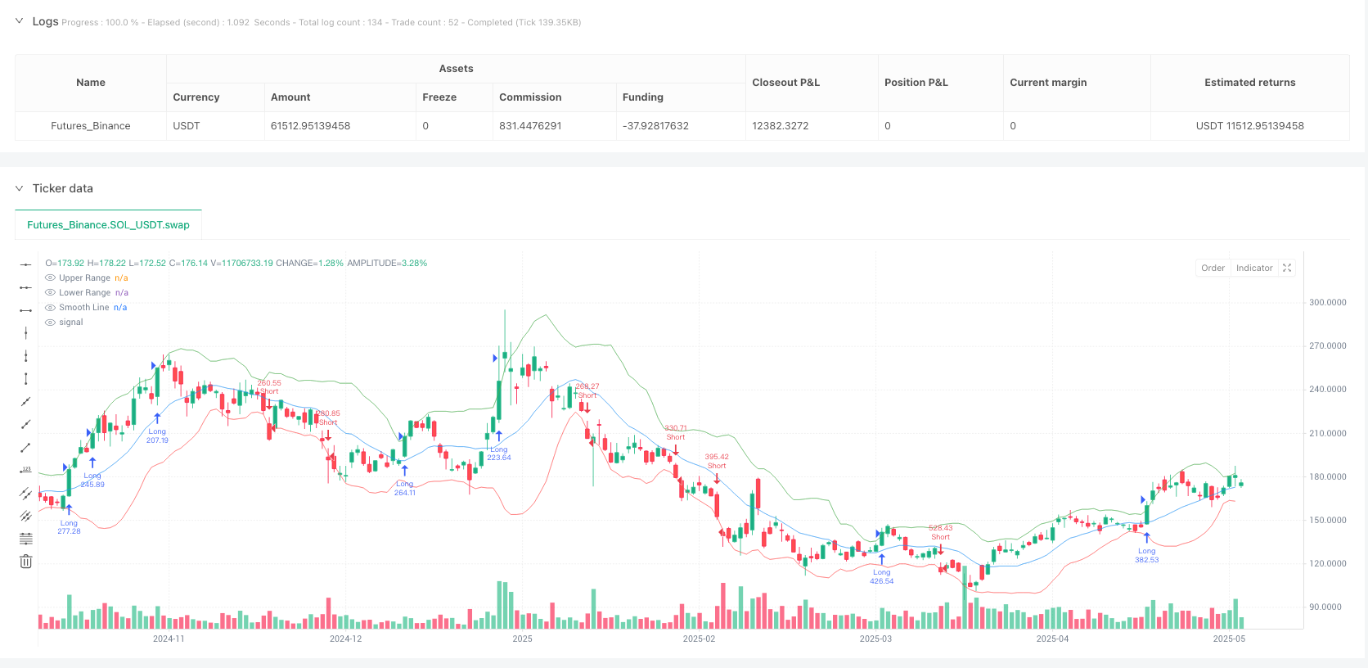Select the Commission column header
click(530, 97)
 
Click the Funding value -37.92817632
click(655, 126)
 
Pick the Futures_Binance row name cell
click(91, 126)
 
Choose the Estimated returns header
click(1249, 83)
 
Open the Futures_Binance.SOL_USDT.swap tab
click(108, 225)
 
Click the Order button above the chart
click(1213, 269)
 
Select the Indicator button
click(1254, 269)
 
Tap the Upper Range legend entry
click(84, 278)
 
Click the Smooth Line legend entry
click(83, 308)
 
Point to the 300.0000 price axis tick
click(1327, 303)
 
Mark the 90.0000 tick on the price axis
click(1325, 607)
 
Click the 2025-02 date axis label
click(699, 639)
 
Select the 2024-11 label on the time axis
click(169, 639)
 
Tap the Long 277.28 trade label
click(69, 527)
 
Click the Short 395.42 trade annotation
click(717, 462)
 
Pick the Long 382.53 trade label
click(1146, 556)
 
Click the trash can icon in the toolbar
click(26, 562)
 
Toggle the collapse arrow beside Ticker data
click(19, 188)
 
